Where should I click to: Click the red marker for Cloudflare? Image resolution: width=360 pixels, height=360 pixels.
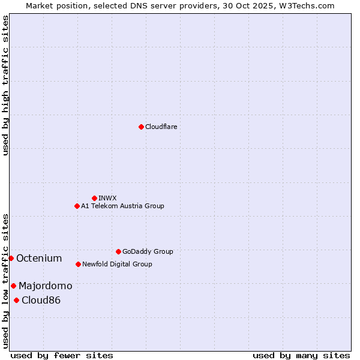pos(141,127)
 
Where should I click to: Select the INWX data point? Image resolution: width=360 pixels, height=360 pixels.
pos(94,198)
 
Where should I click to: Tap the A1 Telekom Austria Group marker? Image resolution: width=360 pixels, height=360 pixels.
pos(77,206)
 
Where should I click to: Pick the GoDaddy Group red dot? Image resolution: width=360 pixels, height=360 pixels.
pos(118,251)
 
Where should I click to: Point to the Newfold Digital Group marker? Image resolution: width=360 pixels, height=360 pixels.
pos(78,264)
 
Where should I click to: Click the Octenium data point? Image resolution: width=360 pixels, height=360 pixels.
pos(11,258)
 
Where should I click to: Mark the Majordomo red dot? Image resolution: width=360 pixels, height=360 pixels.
pos(13,286)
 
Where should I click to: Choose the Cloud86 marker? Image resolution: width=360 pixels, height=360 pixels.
pos(16,300)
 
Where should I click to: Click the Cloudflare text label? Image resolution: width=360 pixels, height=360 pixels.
pos(161,127)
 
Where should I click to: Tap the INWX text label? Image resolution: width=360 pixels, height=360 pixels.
pos(107,198)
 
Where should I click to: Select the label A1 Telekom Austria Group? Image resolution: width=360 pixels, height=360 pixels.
pos(122,206)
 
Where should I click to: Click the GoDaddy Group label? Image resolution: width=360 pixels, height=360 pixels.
pos(148,251)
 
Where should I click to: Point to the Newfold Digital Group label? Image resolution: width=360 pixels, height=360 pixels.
pos(117,264)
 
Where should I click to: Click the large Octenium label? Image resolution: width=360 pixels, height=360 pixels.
pos(39,258)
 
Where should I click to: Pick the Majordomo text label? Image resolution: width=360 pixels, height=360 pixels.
pos(45,286)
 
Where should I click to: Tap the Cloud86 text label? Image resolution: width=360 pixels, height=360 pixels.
pos(41,300)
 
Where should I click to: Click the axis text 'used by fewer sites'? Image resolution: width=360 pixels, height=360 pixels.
pos(62,355)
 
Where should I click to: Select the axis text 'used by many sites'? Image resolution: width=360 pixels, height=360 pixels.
pos(301,355)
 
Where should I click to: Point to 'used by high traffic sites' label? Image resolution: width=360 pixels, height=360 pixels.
pos(5,85)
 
